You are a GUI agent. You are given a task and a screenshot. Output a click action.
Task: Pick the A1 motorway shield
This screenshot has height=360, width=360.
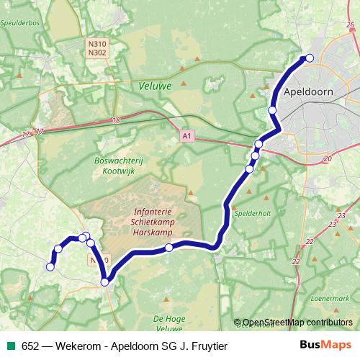point(187,135)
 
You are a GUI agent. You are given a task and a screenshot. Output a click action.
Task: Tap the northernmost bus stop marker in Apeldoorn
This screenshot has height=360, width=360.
point(310,58)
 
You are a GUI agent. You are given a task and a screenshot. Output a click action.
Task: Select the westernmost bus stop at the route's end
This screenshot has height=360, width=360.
point(50,267)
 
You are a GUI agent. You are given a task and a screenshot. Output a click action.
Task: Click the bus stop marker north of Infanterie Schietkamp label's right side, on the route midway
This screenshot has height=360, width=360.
point(169,248)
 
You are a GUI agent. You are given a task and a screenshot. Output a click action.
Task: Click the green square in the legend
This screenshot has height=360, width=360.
point(11,346)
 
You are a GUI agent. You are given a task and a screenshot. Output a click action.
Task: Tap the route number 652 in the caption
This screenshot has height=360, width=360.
point(30,346)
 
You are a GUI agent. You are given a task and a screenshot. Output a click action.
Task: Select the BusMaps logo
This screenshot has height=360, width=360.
point(326,345)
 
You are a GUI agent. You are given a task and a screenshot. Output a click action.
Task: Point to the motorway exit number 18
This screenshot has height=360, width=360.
point(116,120)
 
